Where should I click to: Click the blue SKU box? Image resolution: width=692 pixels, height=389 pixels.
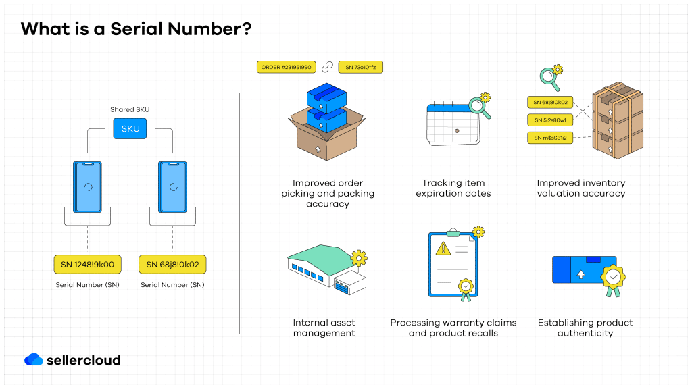coord(130,128)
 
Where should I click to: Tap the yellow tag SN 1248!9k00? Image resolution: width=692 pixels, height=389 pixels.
coord(87,264)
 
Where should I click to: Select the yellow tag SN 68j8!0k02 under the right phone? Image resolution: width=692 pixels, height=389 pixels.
coord(172,264)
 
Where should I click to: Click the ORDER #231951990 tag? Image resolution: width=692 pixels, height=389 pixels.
coord(287,67)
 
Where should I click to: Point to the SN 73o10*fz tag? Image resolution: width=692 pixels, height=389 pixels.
coord(361,67)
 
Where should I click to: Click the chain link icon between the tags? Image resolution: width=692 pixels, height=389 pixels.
coord(327,67)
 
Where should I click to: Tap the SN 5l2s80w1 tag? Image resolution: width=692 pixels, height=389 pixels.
coord(550,120)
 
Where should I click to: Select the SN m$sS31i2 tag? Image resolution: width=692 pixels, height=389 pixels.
coord(550,138)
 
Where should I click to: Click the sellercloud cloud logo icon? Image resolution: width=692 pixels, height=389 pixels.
coord(34,360)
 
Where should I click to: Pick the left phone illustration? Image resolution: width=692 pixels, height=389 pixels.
coord(88,187)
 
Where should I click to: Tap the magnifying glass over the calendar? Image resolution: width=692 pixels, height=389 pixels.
coord(478,107)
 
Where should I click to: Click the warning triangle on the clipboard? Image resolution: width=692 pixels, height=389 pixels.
coord(443,248)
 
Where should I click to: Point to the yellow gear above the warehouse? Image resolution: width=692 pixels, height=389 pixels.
coord(360,257)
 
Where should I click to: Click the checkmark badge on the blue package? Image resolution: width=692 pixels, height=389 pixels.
coord(613,278)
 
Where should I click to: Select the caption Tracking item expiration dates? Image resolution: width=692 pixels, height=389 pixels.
coord(453,188)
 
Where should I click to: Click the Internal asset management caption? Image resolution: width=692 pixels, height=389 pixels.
coord(324,328)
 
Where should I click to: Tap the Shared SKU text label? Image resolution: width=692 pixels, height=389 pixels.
coord(130,109)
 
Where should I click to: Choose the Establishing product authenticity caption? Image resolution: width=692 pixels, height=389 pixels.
coord(585,328)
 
